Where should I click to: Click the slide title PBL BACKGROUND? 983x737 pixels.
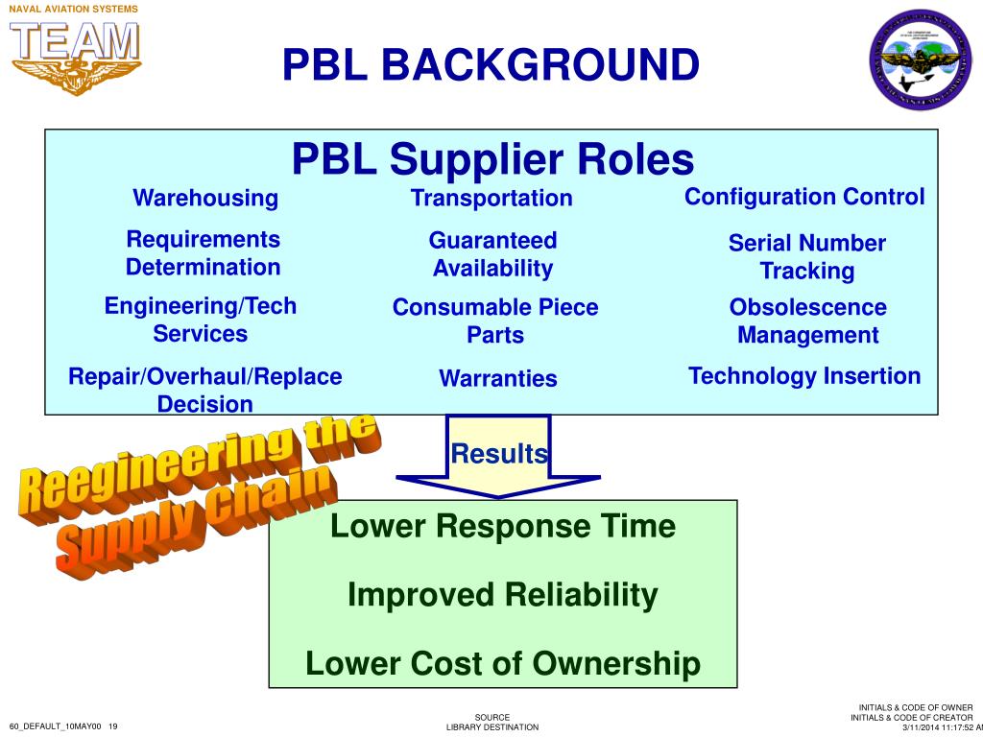pyautogui.click(x=491, y=65)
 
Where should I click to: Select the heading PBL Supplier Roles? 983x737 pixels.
pyautogui.click(x=492, y=159)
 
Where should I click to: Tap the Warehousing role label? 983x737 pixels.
pyautogui.click(x=205, y=199)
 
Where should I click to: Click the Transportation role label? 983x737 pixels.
pyautogui.click(x=491, y=199)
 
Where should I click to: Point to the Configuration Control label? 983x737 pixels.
pyautogui.click(x=804, y=197)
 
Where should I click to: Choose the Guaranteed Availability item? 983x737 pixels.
pyautogui.click(x=492, y=254)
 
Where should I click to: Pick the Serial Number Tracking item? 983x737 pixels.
pyautogui.click(x=806, y=257)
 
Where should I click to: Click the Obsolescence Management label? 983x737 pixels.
pyautogui.click(x=807, y=321)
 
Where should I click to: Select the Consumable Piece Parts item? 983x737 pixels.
pyautogui.click(x=495, y=321)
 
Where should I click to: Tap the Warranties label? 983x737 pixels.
pyautogui.click(x=497, y=378)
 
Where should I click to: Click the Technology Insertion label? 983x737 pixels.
pyautogui.click(x=804, y=376)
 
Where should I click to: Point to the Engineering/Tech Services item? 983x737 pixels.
pyautogui.click(x=201, y=320)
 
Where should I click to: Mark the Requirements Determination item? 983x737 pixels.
pyautogui.click(x=204, y=253)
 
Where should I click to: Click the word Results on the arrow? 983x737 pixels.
pyautogui.click(x=499, y=454)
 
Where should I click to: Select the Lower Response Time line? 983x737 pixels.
pyautogui.click(x=503, y=526)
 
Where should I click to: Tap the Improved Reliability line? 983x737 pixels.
pyautogui.click(x=503, y=595)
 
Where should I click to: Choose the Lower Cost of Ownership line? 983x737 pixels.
pyautogui.click(x=503, y=663)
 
